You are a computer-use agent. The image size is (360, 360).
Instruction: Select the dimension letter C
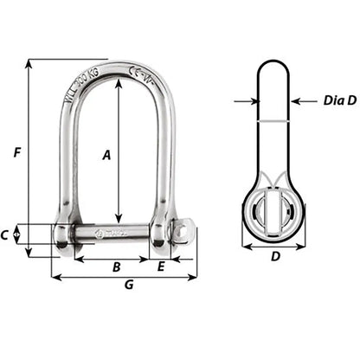[x=5, y=234]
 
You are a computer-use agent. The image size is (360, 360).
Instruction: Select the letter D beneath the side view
[x=276, y=257]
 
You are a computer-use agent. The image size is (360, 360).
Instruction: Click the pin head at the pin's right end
[x=181, y=234]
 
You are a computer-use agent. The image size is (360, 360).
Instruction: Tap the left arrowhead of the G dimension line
[x=55, y=278]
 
